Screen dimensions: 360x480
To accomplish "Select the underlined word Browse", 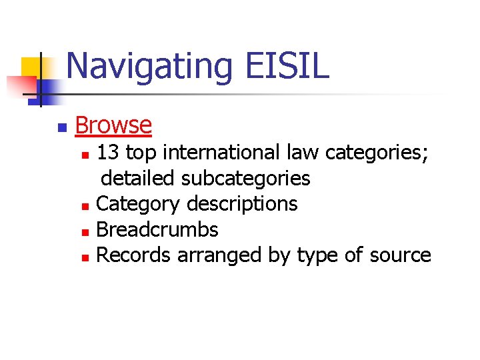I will pyautogui.click(x=113, y=125).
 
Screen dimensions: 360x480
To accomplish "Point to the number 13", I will pyautogui.click(x=109, y=153).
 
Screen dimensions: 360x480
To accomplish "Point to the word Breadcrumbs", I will pyautogui.click(x=157, y=229).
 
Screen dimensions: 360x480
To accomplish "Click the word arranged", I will pyautogui.click(x=217, y=255).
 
